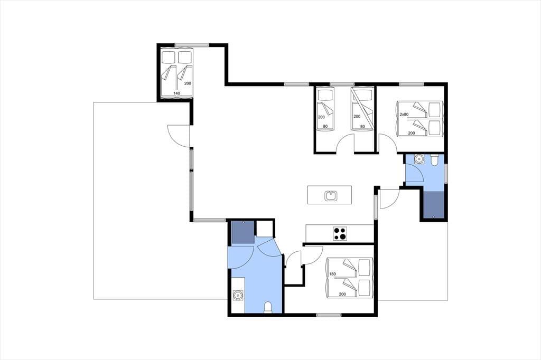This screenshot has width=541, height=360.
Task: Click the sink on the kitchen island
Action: [331, 195]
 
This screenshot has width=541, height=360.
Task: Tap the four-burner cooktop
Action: [340, 233]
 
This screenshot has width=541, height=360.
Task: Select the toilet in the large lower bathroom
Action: [268, 308]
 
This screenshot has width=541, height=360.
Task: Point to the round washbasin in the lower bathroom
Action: [238, 296]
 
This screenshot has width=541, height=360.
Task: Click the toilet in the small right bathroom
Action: [434, 160]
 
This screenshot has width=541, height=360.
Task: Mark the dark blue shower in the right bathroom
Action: [433, 205]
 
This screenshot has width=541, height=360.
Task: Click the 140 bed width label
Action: [176, 93]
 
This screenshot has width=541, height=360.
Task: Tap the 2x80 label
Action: [404, 114]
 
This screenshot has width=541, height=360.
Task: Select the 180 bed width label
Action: [333, 274]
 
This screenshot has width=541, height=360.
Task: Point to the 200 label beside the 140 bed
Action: [188, 83]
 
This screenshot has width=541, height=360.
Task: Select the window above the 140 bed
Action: [191, 45]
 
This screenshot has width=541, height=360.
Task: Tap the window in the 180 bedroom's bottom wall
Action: [329, 315]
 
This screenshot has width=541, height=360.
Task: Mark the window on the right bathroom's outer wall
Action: [446, 174]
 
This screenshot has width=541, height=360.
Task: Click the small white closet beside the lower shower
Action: [264, 228]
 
